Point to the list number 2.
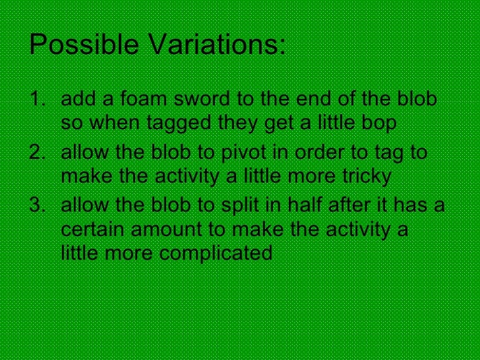(36, 153)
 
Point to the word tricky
(365, 177)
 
